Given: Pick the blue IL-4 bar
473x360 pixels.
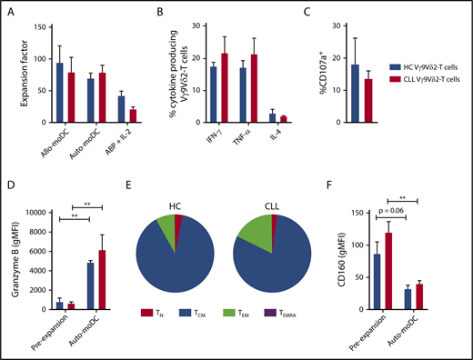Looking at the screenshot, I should pyautogui.click(x=273, y=118).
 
